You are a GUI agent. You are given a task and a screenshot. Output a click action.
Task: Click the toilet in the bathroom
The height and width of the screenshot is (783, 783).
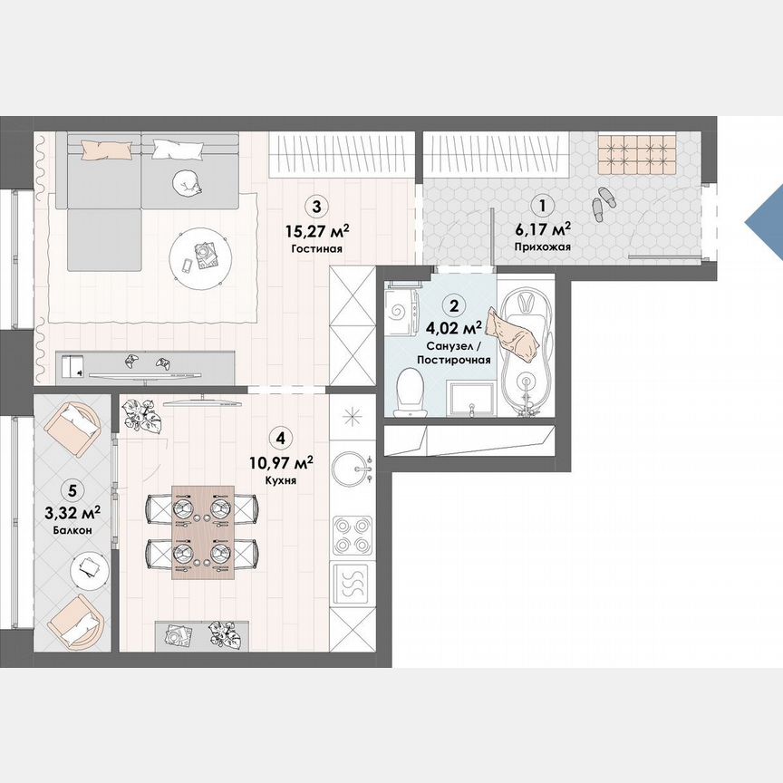pyautogui.click(x=411, y=394)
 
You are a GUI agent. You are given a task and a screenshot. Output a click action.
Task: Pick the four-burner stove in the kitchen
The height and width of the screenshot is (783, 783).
pyautogui.click(x=350, y=534)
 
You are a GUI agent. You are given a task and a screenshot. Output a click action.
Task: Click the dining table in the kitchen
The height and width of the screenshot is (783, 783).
pyautogui.click(x=203, y=531)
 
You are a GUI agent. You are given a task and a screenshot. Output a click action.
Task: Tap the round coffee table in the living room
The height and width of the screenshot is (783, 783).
pyautogui.click(x=201, y=256)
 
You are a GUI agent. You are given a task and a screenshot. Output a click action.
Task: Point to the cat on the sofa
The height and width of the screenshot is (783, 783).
pyautogui.click(x=188, y=182)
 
